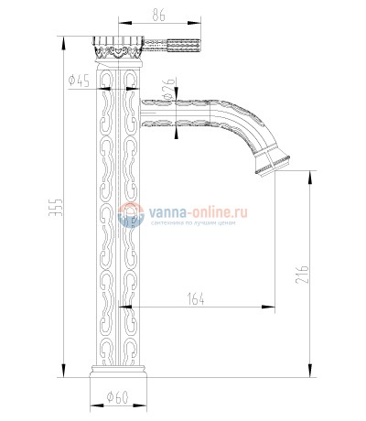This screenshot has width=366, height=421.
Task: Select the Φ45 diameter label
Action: pyautogui.click(x=78, y=81)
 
